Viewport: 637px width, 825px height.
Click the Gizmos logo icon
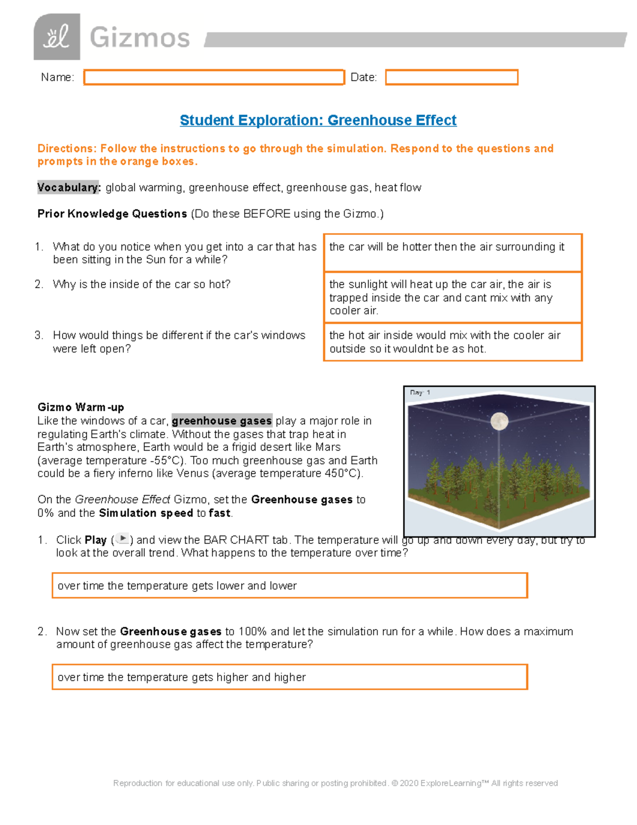click(x=57, y=37)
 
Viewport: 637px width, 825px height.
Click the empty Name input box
click(x=214, y=78)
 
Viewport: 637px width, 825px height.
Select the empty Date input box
click(x=451, y=78)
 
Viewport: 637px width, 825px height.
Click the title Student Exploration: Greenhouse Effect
click(x=318, y=120)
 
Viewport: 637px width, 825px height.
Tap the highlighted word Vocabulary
click(x=68, y=188)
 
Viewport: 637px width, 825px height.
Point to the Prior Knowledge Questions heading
click(x=112, y=214)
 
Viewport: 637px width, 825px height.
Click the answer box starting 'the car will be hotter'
click(x=453, y=252)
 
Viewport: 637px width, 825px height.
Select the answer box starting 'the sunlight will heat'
click(x=453, y=297)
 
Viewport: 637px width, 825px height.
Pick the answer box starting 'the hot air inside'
click(x=453, y=342)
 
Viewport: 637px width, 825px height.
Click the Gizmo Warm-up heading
click(x=81, y=407)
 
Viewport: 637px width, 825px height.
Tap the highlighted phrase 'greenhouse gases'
click(x=222, y=421)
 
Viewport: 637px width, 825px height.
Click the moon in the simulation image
click(x=500, y=421)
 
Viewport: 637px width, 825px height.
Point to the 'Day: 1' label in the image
click(x=420, y=393)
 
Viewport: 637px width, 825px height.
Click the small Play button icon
click(x=123, y=539)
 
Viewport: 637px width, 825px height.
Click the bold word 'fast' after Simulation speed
click(x=220, y=513)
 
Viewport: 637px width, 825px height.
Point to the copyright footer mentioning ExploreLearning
click(x=335, y=783)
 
